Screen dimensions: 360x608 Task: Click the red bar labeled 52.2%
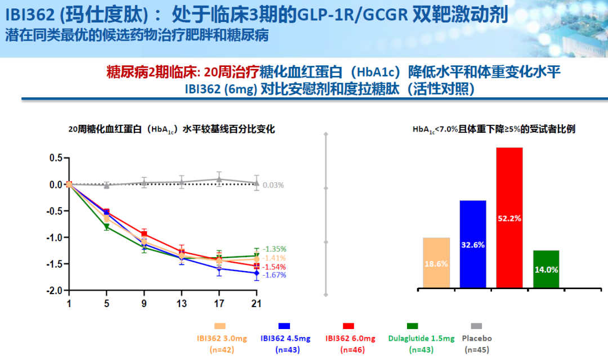[509, 218]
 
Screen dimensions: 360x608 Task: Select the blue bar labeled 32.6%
[473, 245]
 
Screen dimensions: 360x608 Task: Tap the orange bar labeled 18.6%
[436, 263]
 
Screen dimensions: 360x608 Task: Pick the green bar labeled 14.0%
[546, 269]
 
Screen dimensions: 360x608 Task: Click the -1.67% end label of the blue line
[274, 275]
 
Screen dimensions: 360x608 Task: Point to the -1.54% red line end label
[274, 267]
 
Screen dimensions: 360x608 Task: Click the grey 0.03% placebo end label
[273, 185]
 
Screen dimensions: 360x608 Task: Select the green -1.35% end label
[274, 249]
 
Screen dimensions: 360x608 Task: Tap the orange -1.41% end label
[274, 258]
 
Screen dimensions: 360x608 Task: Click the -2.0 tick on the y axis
[55, 290]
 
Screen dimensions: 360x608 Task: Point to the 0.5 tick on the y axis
[56, 158]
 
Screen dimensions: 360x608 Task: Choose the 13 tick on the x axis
[181, 303]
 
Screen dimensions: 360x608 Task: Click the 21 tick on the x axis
[256, 303]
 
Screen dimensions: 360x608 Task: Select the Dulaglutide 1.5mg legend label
[421, 338]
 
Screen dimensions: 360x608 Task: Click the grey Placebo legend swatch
[476, 326]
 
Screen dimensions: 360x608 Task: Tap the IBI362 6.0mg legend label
[350, 338]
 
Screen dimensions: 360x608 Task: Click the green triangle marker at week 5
[106, 227]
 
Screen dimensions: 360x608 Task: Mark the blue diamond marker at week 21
[257, 273]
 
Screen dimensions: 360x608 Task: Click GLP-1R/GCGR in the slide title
[361, 13]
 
